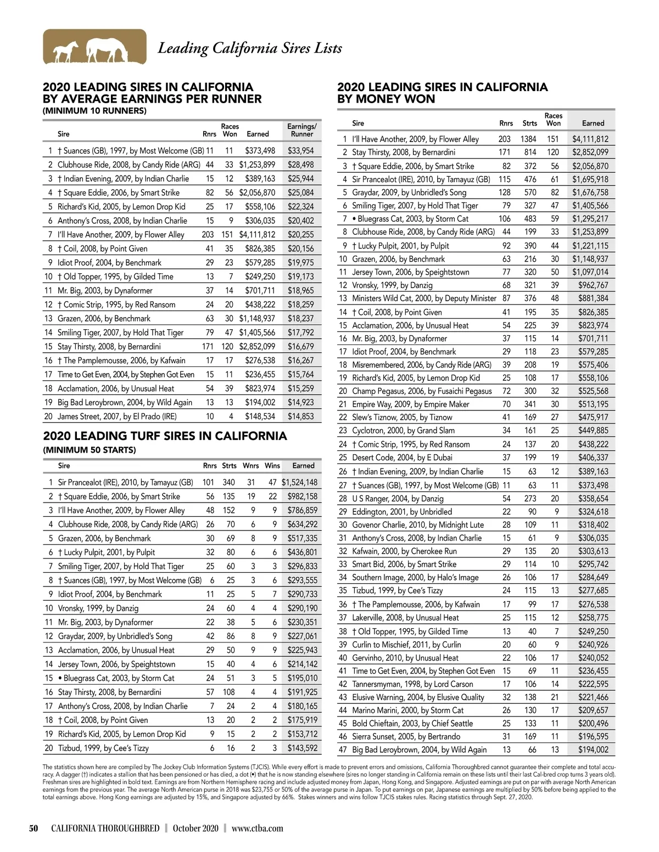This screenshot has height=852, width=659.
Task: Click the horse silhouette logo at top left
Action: click(94, 47)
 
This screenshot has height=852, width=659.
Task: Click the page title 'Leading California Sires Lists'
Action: click(250, 48)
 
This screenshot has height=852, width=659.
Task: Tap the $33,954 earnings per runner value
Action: click(300, 151)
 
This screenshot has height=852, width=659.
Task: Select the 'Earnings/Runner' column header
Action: click(301, 130)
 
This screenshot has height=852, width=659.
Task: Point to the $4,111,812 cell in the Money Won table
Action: click(590, 139)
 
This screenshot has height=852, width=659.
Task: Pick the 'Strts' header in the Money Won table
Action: click(530, 123)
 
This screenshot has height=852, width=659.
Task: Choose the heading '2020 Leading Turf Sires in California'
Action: click(165, 436)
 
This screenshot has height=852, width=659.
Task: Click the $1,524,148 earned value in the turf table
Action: click(299, 483)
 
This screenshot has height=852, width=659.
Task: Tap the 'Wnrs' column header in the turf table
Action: click(251, 466)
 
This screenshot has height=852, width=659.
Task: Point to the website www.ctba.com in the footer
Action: click(258, 828)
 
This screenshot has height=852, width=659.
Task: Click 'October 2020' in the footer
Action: click(196, 828)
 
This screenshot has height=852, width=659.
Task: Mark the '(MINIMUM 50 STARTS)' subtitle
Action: click(89, 450)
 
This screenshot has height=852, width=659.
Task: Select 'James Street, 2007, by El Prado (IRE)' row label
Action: click(117, 416)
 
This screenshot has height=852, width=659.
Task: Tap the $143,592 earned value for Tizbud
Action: click(302, 748)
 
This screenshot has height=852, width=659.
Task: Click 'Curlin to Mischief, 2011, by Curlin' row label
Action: click(406, 645)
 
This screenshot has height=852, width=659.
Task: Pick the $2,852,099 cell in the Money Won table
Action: click(590, 153)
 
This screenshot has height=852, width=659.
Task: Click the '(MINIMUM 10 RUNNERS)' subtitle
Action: click(94, 111)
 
